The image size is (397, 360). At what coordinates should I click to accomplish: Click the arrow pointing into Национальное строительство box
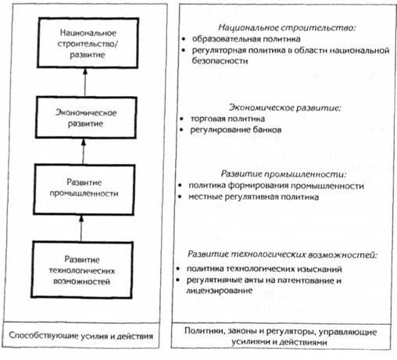coord(85,83)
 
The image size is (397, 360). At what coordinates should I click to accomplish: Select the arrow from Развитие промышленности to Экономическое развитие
coord(83,151)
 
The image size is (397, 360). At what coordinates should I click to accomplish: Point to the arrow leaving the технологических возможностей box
coord(81,228)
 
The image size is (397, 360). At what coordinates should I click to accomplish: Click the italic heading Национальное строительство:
coord(287,27)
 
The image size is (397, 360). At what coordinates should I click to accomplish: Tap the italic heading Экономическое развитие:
coord(285,108)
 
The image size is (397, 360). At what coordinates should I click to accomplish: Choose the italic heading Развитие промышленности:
coord(284,174)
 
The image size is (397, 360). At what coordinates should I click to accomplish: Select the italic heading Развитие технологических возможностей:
coord(282,255)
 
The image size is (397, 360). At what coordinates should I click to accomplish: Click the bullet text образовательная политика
coord(246,39)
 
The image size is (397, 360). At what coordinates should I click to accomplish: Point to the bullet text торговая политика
coord(227,119)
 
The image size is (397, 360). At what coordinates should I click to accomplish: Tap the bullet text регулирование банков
coord(236,130)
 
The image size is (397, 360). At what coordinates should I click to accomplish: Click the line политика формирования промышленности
coord(276,186)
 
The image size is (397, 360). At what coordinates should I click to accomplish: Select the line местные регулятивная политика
coord(253,197)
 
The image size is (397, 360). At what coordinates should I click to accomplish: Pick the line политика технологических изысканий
coord(264,269)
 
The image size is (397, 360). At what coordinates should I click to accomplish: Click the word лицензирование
coord(219,290)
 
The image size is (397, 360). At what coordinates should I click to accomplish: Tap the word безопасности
coord(220,61)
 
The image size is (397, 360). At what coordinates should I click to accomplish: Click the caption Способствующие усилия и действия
coord(81,336)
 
